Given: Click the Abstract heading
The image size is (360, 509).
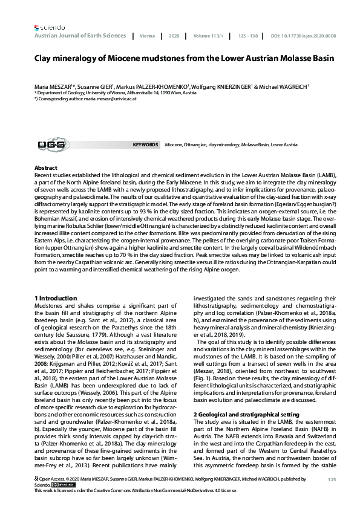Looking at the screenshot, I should tap(46, 167).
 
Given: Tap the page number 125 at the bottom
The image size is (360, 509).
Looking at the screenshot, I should tap(331, 479).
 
